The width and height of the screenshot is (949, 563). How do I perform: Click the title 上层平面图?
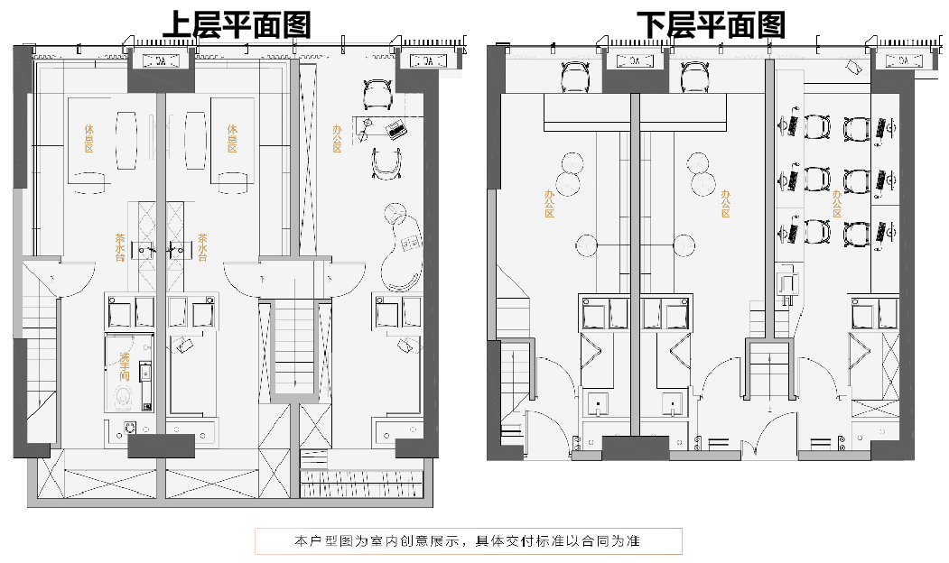click(x=237, y=24)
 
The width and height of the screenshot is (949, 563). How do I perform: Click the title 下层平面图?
click(x=711, y=24)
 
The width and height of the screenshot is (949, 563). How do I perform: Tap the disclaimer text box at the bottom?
click(x=468, y=541)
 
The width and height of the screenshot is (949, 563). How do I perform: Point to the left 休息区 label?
click(x=88, y=139)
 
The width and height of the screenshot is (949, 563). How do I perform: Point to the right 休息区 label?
click(x=232, y=139)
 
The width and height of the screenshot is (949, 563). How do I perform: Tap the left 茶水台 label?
click(x=119, y=247)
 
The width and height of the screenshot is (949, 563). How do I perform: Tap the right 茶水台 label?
click(x=202, y=247)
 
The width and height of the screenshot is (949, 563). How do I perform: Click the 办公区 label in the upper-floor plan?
click(x=337, y=138)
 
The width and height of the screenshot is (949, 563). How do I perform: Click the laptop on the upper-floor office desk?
click(x=395, y=128)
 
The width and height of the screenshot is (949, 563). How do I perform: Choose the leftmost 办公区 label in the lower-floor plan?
click(x=548, y=204)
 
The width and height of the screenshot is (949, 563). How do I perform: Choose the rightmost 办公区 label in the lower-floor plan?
click(x=837, y=204)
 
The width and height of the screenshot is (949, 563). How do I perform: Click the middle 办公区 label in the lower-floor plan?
click(x=725, y=204)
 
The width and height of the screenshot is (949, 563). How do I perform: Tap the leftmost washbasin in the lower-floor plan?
click(x=600, y=404)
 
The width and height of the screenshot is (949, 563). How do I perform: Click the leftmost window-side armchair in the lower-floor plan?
click(x=575, y=76)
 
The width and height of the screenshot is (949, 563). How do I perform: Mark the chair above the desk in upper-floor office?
click(x=377, y=93)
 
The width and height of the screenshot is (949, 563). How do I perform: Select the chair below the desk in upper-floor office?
click(x=387, y=164)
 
